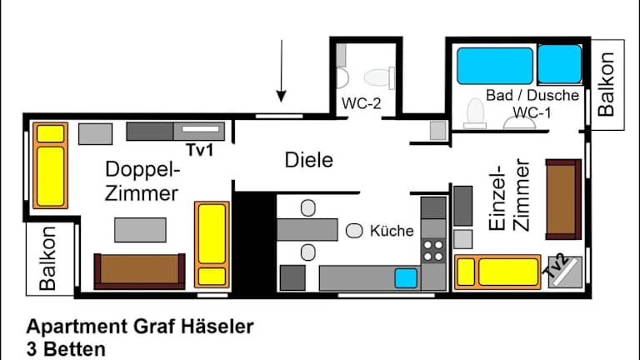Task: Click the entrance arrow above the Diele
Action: pyautogui.click(x=282, y=70)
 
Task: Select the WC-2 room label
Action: pyautogui.click(x=362, y=104)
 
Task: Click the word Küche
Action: pyautogui.click(x=392, y=231)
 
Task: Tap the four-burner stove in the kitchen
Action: pyautogui.click(x=433, y=248)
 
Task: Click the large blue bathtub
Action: pyautogui.click(x=494, y=66)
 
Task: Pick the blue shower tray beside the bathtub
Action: pyautogui.click(x=559, y=64)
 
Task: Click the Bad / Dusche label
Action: pyautogui.click(x=532, y=96)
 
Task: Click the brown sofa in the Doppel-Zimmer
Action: pyautogui.click(x=139, y=270)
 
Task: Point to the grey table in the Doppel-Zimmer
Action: pyautogui.click(x=140, y=229)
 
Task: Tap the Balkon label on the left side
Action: pyautogui.click(x=48, y=260)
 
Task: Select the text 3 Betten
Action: pyautogui.click(x=66, y=348)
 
